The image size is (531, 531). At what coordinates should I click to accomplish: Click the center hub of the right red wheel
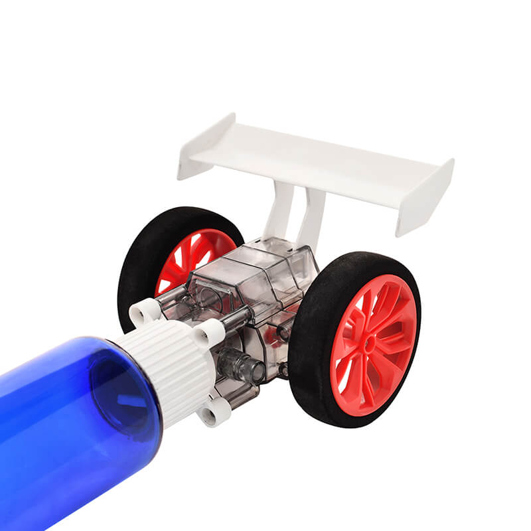click(372, 345)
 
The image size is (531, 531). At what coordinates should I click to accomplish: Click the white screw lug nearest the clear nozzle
click(210, 331)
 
